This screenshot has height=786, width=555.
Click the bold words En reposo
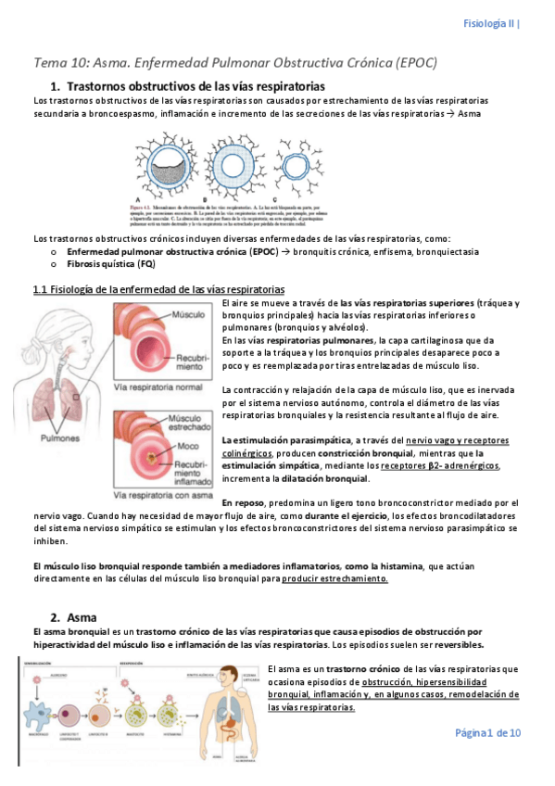pyautogui.click(x=244, y=501)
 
